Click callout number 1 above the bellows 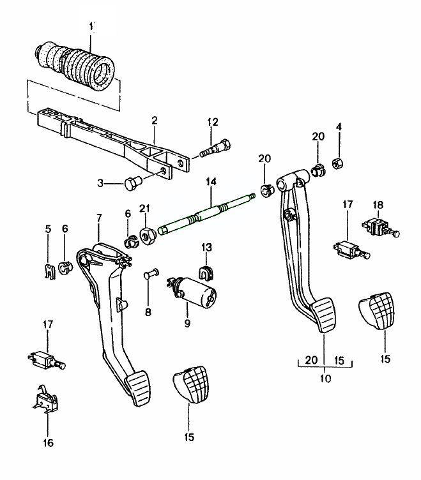(x=92, y=26)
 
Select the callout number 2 (x=154, y=119)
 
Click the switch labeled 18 (x=379, y=227)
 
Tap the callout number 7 (x=99, y=219)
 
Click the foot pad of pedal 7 (x=140, y=389)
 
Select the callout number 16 (x=48, y=442)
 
